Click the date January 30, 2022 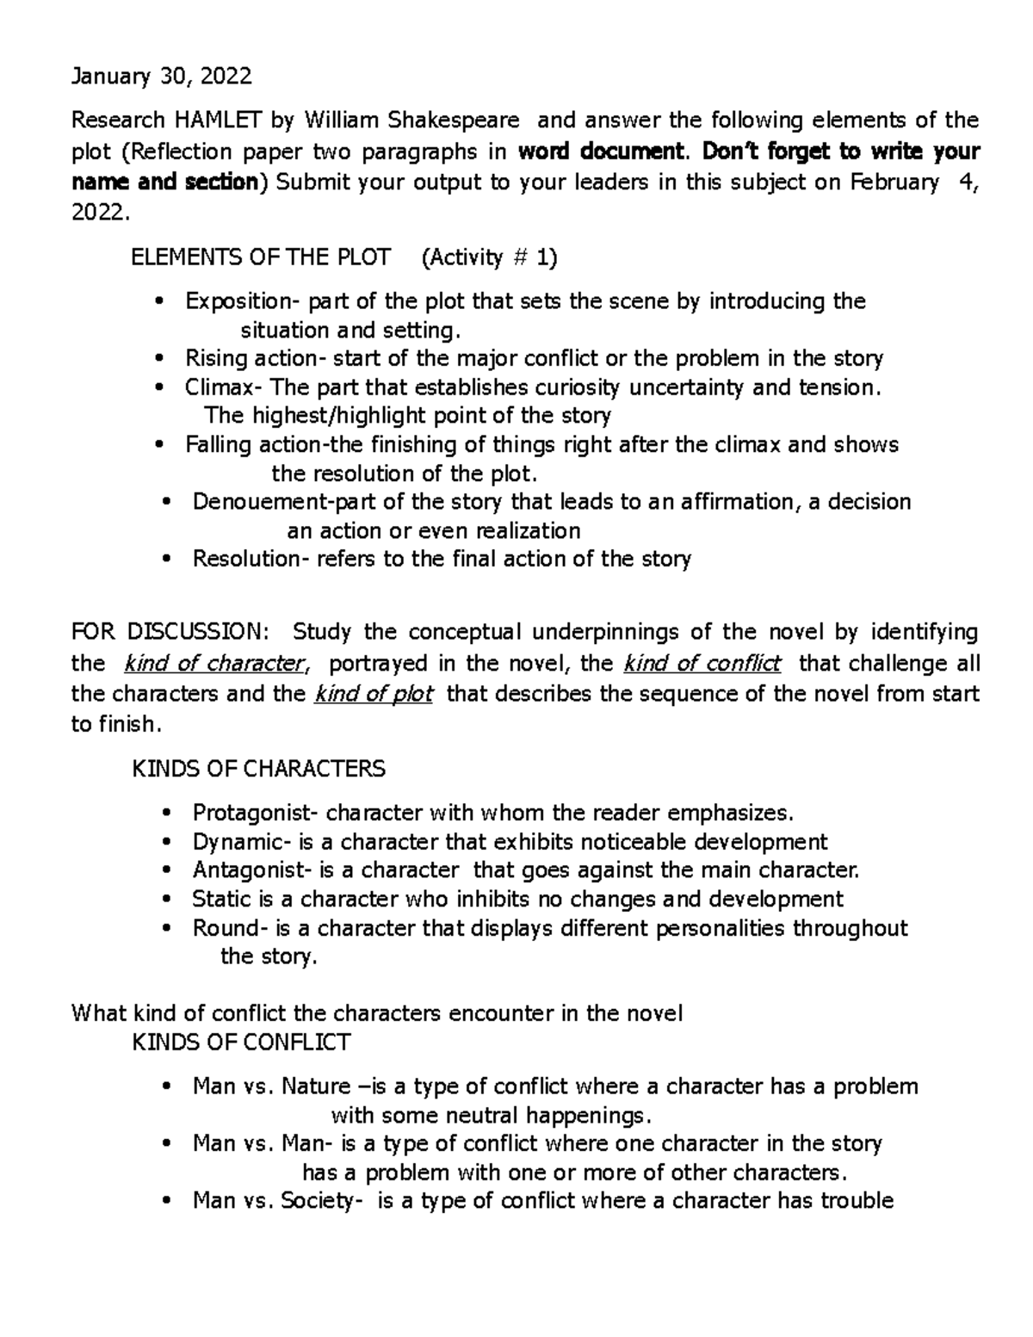pyautogui.click(x=162, y=77)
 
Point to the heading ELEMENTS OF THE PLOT pyautogui.click(x=260, y=257)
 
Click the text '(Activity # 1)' pyautogui.click(x=489, y=257)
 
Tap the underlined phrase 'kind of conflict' pyautogui.click(x=702, y=664)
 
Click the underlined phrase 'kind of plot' pyautogui.click(x=374, y=694)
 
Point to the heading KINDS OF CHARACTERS pyautogui.click(x=258, y=769)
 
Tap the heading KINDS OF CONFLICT pyautogui.click(x=240, y=1043)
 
